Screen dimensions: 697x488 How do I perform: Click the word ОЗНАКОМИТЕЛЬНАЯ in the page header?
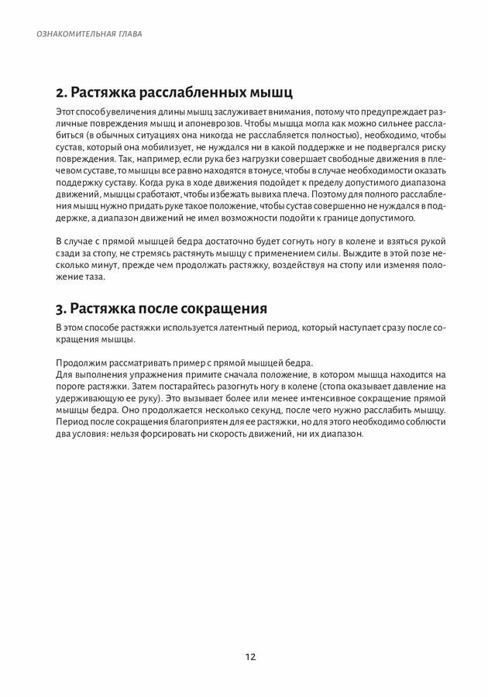[64, 35]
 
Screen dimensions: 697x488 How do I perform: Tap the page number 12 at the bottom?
[249, 657]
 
